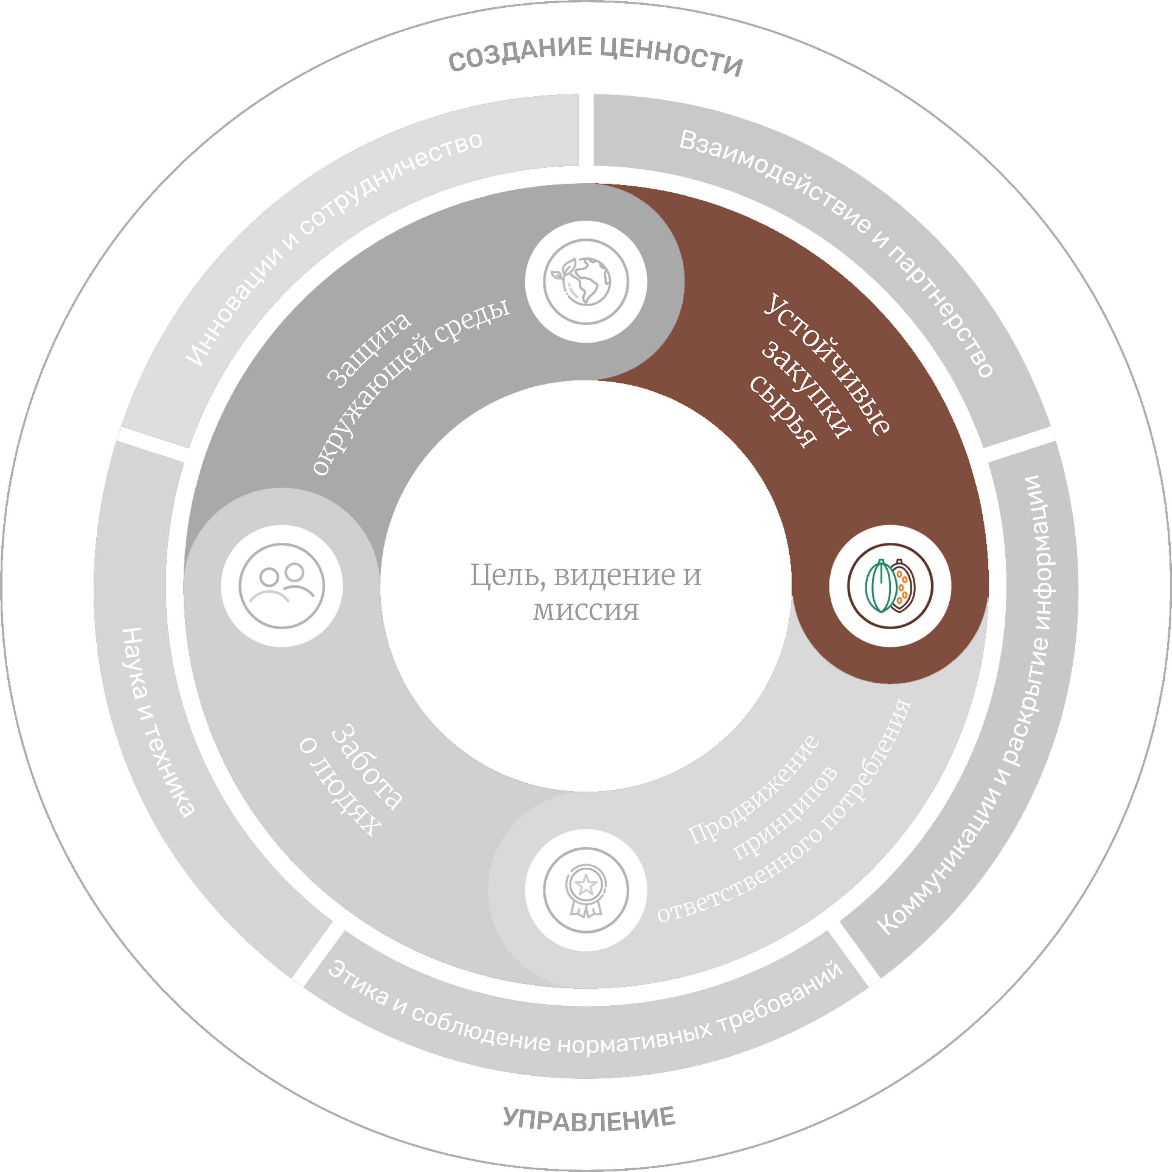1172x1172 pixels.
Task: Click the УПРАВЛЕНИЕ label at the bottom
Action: [x=589, y=1118]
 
